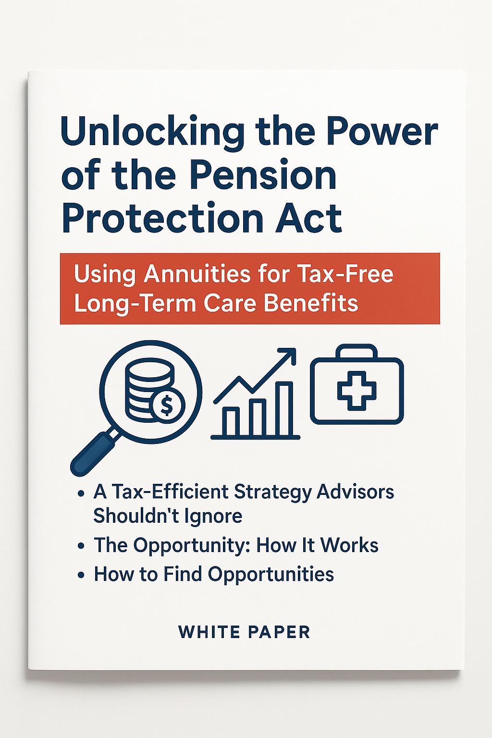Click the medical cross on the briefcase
point(357,391)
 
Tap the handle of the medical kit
point(357,352)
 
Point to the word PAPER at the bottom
point(280,632)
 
